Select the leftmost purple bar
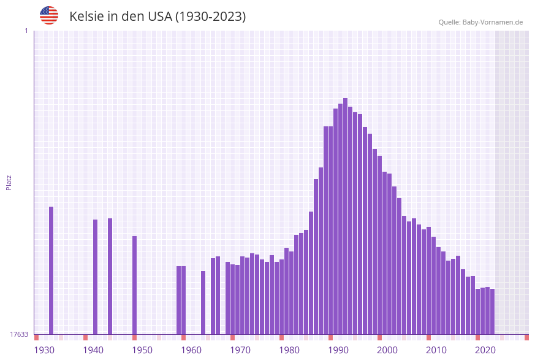point(51,270)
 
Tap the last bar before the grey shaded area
point(492,311)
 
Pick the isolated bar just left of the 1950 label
point(134,285)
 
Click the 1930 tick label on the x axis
point(44,350)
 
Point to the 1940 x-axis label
point(93,350)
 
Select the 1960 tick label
point(191,350)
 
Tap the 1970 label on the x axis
point(240,350)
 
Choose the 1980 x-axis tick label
point(289,350)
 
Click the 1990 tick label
point(338,350)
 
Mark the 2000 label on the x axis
point(387,350)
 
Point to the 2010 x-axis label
point(436,350)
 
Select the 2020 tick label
point(485,350)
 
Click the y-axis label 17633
point(19,334)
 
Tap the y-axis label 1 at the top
point(26,31)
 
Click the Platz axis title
point(9,182)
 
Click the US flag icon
point(49,15)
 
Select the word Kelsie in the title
point(86,17)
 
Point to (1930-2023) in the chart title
point(210,17)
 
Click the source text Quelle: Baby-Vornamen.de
point(480,22)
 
